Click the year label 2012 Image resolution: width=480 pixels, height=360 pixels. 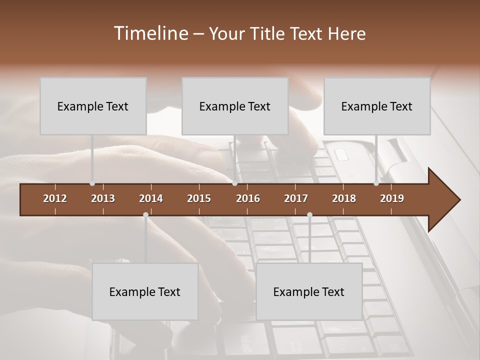coord(55,198)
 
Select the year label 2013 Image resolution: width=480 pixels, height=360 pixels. coord(103,198)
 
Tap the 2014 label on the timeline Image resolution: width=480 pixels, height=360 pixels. coord(151,198)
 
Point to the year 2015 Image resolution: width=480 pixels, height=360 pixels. coord(199,198)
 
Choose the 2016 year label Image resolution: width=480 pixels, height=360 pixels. coord(248,198)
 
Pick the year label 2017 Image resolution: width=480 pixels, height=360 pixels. coord(296,198)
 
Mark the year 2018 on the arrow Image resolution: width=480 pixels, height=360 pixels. coord(344,198)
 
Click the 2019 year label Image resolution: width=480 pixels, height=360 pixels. coord(392,198)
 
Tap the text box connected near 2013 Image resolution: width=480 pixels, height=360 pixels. coord(93,106)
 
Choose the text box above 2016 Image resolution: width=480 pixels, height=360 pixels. coord(235,106)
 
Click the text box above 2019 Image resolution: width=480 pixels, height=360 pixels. coord(377,106)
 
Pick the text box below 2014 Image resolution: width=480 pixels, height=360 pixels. coord(145,291)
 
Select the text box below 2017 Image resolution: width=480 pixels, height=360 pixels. coord(309,291)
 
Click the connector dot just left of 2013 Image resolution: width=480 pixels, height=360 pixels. coord(92,183)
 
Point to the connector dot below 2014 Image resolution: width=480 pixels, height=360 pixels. coord(145,215)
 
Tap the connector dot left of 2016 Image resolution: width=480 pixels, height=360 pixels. coord(234,183)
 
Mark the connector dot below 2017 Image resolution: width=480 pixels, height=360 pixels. coord(309,215)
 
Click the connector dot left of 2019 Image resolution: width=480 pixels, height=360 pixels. coord(376,183)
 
